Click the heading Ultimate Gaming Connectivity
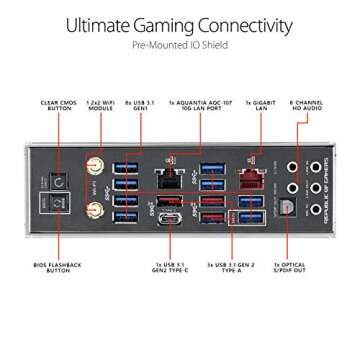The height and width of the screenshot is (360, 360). tap(180, 25)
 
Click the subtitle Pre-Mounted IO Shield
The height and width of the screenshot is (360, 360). tap(180, 45)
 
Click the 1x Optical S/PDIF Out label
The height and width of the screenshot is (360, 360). tap(289, 273)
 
